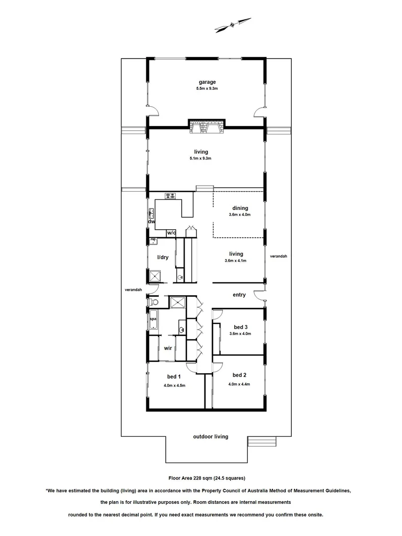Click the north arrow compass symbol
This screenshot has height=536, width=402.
(233, 23)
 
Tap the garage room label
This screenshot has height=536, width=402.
(206, 82)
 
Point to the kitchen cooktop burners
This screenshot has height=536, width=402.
(171, 196)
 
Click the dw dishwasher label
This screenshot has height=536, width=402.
(152, 221)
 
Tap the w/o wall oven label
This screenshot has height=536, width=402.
(171, 232)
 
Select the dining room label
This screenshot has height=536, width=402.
(240, 208)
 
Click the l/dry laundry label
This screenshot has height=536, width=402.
(163, 257)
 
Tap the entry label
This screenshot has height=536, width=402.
(239, 295)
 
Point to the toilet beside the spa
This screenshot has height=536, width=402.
(153, 301)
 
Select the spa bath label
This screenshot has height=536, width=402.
(153, 319)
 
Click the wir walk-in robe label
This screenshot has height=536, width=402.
(168, 348)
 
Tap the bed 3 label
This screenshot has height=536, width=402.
(241, 327)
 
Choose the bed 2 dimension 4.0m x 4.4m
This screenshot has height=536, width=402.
(239, 384)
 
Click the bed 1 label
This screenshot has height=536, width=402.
(174, 377)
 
